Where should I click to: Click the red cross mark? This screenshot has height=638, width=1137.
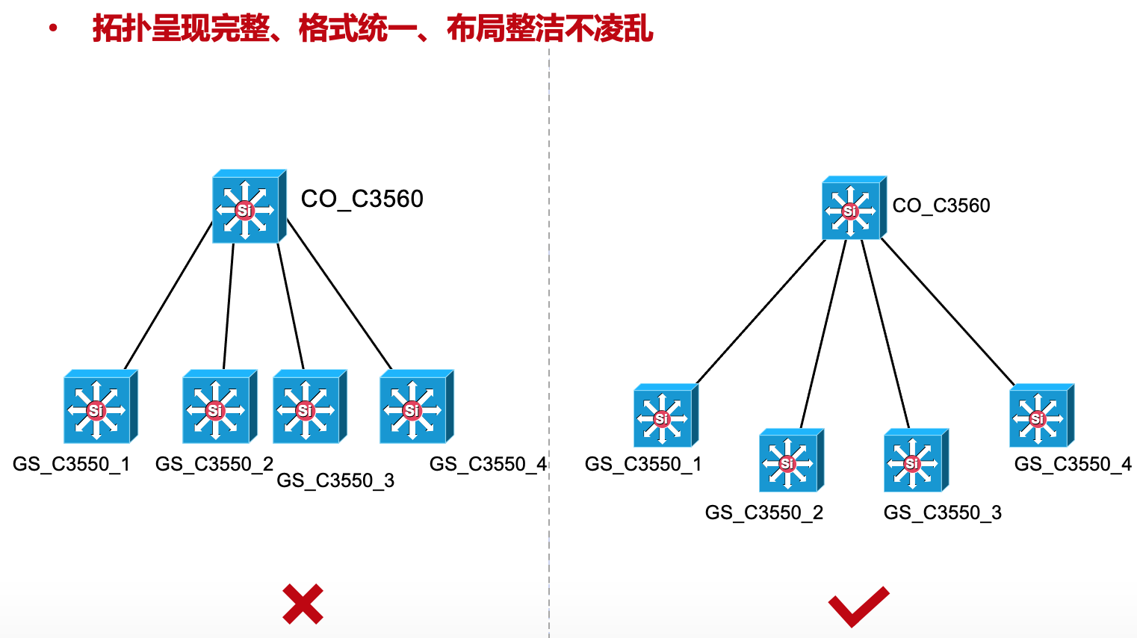[x=303, y=604]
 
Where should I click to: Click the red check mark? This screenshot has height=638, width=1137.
[x=858, y=606]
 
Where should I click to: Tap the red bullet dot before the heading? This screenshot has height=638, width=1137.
[x=53, y=29]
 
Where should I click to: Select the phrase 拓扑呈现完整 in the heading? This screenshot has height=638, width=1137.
[x=180, y=29]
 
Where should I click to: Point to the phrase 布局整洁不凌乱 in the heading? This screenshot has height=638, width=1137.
[x=550, y=29]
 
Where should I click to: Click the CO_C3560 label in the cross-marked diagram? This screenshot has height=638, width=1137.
[x=362, y=199]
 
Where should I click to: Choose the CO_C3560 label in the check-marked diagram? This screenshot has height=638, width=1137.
[x=941, y=205]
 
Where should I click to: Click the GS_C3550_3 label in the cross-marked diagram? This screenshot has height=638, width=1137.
[x=335, y=480]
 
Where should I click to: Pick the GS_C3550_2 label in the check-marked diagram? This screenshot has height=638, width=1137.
[x=763, y=512]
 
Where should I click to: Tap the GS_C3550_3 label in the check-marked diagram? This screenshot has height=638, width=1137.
[x=942, y=512]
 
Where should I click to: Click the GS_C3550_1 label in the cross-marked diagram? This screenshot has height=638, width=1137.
[x=71, y=464]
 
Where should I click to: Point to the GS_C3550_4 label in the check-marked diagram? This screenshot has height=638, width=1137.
[x=1073, y=464]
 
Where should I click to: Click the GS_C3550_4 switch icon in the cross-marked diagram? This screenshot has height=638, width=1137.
[x=415, y=407]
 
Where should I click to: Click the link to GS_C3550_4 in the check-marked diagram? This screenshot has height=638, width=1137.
[x=948, y=312]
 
